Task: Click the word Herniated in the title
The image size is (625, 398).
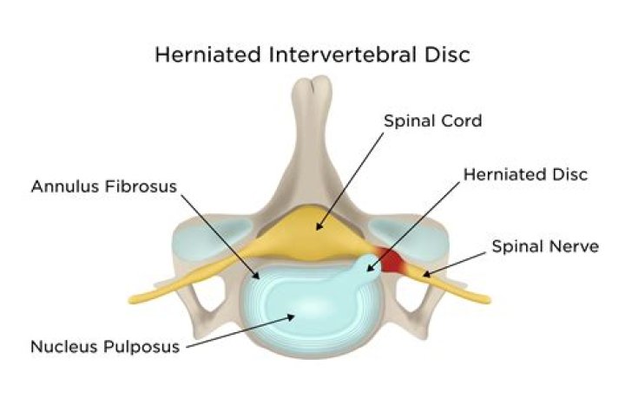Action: click(207, 54)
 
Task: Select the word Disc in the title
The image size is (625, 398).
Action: click(447, 54)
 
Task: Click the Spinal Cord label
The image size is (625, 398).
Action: click(432, 121)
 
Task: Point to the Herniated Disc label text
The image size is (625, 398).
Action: click(525, 174)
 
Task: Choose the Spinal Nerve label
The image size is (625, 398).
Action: click(545, 246)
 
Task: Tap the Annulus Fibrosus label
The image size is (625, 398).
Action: click(103, 186)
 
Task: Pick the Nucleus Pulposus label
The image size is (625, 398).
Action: click(105, 346)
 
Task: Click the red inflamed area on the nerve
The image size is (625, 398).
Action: click(391, 260)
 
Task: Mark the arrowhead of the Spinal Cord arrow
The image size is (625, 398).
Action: click(319, 227)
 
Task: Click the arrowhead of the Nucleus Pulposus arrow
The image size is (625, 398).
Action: click(291, 316)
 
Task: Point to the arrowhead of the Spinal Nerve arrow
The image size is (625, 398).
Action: click(426, 274)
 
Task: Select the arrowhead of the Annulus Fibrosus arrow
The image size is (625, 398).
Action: click(256, 276)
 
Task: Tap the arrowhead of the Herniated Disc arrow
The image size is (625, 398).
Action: click(370, 269)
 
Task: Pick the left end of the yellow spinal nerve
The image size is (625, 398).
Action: click(131, 299)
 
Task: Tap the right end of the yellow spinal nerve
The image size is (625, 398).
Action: click(488, 299)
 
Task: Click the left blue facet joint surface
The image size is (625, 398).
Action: click(211, 238)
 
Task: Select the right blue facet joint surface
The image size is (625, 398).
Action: click(411, 237)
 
